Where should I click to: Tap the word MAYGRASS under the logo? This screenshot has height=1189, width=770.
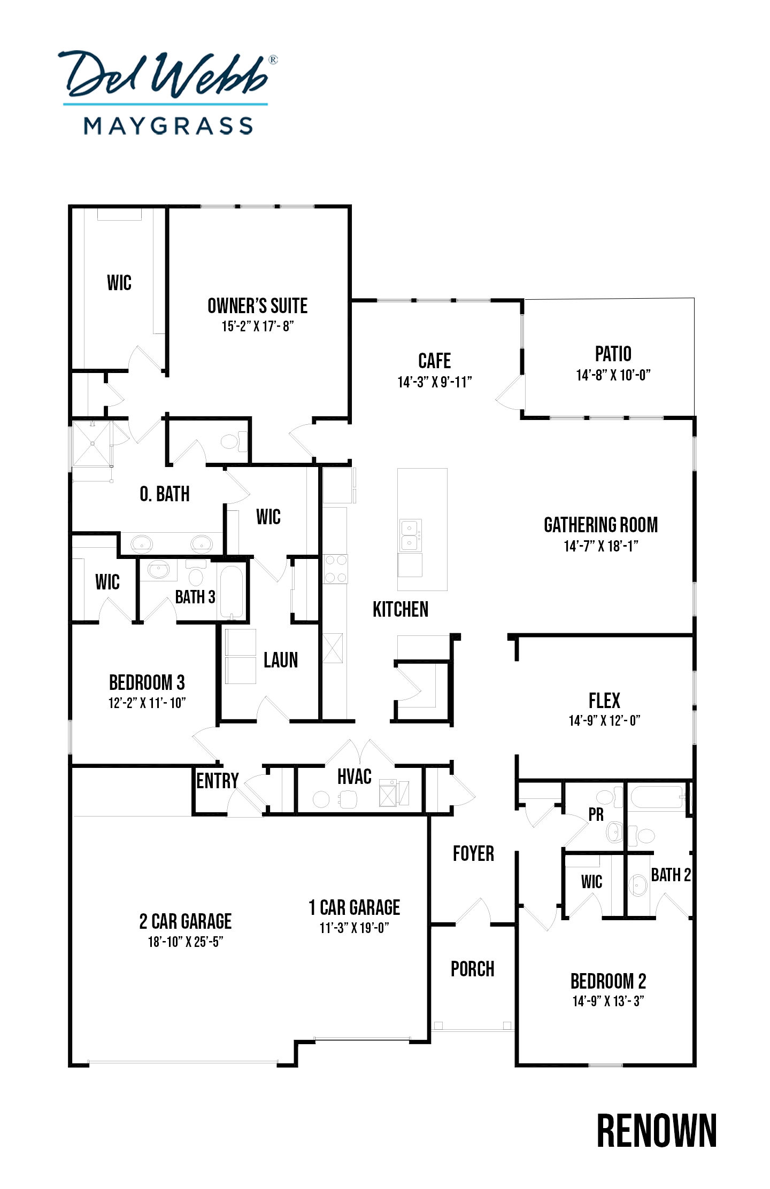[x=168, y=126]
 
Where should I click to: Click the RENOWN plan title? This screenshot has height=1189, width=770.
[x=657, y=1131]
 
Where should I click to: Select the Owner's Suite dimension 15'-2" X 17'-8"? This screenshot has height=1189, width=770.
[x=258, y=326]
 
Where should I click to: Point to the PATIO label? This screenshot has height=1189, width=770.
[x=613, y=354]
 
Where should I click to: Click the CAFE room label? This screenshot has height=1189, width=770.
[x=434, y=361]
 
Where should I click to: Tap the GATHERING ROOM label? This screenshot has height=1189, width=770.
[x=600, y=525]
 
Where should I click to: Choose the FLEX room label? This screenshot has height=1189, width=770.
[x=604, y=700]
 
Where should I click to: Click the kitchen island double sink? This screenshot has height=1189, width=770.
[x=410, y=535]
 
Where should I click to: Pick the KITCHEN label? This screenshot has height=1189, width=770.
[x=401, y=609]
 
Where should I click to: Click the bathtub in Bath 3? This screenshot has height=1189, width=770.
[x=232, y=591]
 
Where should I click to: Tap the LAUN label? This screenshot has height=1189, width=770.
[x=281, y=660]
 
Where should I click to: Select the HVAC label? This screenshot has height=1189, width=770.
[x=354, y=776]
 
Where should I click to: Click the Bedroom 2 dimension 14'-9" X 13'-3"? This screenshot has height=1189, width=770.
[x=608, y=1001]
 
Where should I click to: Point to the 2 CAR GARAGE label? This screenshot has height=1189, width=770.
[x=186, y=921]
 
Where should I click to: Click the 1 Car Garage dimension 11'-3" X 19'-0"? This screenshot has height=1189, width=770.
[x=354, y=928]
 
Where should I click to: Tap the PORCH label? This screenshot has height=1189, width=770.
[x=472, y=969]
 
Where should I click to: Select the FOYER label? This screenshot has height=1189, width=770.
[x=473, y=853]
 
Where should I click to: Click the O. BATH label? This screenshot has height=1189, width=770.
[x=165, y=494]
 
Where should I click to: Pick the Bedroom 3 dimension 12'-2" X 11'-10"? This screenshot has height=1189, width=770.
[x=147, y=703]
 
